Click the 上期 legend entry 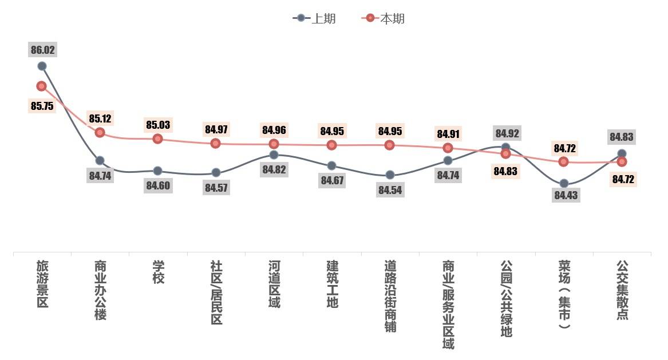(x=314, y=18)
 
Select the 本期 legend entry (x=384, y=18)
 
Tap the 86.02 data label (x=42, y=50)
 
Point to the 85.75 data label (x=42, y=106)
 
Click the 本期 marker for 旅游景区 (x=41, y=86)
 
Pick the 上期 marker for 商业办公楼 (x=100, y=160)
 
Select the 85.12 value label (x=100, y=119)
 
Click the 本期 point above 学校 (x=158, y=139)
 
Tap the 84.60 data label (x=158, y=185)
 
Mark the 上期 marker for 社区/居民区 (x=216, y=172)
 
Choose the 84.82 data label (x=274, y=169)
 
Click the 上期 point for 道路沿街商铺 (x=390, y=175)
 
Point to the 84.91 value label (x=448, y=134)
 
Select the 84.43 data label (x=564, y=195)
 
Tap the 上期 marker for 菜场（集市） (x=564, y=183)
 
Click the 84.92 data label (x=506, y=133)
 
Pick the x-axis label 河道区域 (x=274, y=284)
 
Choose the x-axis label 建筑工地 (x=332, y=284)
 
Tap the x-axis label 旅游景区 (x=42, y=284)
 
